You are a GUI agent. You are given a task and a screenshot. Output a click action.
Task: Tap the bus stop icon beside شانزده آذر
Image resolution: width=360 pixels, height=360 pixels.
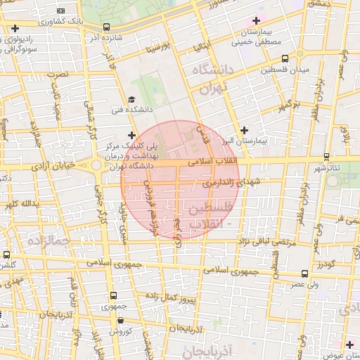[x=105, y=27]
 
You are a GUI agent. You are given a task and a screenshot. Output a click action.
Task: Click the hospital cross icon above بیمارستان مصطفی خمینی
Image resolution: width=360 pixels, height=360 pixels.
[x=257, y=20]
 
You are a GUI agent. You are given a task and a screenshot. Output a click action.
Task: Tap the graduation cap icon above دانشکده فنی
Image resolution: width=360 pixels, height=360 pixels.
[x=131, y=99]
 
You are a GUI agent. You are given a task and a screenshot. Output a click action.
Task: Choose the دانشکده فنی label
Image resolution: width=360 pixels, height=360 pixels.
[x=126, y=110]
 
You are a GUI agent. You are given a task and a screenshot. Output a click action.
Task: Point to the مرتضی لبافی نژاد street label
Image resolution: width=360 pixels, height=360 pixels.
[x=253, y=241]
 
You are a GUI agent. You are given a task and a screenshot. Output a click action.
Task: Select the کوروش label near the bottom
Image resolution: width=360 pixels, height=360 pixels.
[x=120, y=330]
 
